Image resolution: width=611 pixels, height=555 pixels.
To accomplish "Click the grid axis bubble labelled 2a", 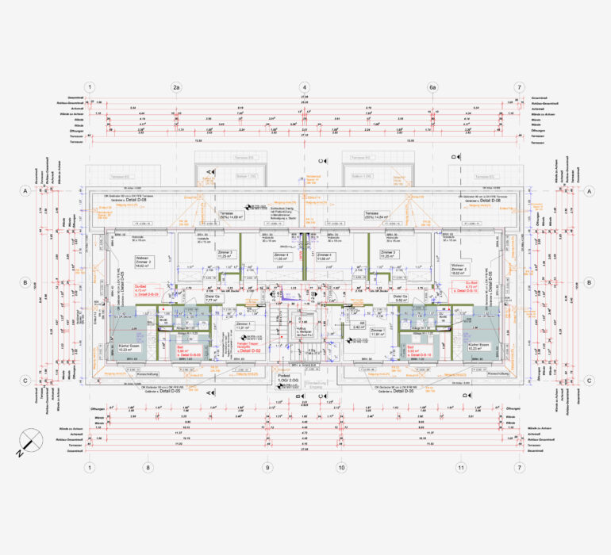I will point(176,87).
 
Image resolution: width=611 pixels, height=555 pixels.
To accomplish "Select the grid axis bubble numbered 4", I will point(304,87).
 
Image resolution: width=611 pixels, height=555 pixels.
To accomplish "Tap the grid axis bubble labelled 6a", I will point(432,87).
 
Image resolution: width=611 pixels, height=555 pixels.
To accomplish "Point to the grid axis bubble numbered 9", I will point(267,468).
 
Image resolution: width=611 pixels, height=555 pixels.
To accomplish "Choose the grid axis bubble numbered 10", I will point(341,468).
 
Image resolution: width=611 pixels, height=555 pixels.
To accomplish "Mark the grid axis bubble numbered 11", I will point(460,468).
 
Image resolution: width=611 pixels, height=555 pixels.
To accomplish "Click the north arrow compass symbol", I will point(31,441).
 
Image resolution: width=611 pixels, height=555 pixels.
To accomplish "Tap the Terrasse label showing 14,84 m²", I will point(374,215).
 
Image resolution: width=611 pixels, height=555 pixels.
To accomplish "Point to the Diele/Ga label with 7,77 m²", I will point(212,299).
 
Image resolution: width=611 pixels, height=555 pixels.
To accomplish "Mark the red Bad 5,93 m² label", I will point(413,350).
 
